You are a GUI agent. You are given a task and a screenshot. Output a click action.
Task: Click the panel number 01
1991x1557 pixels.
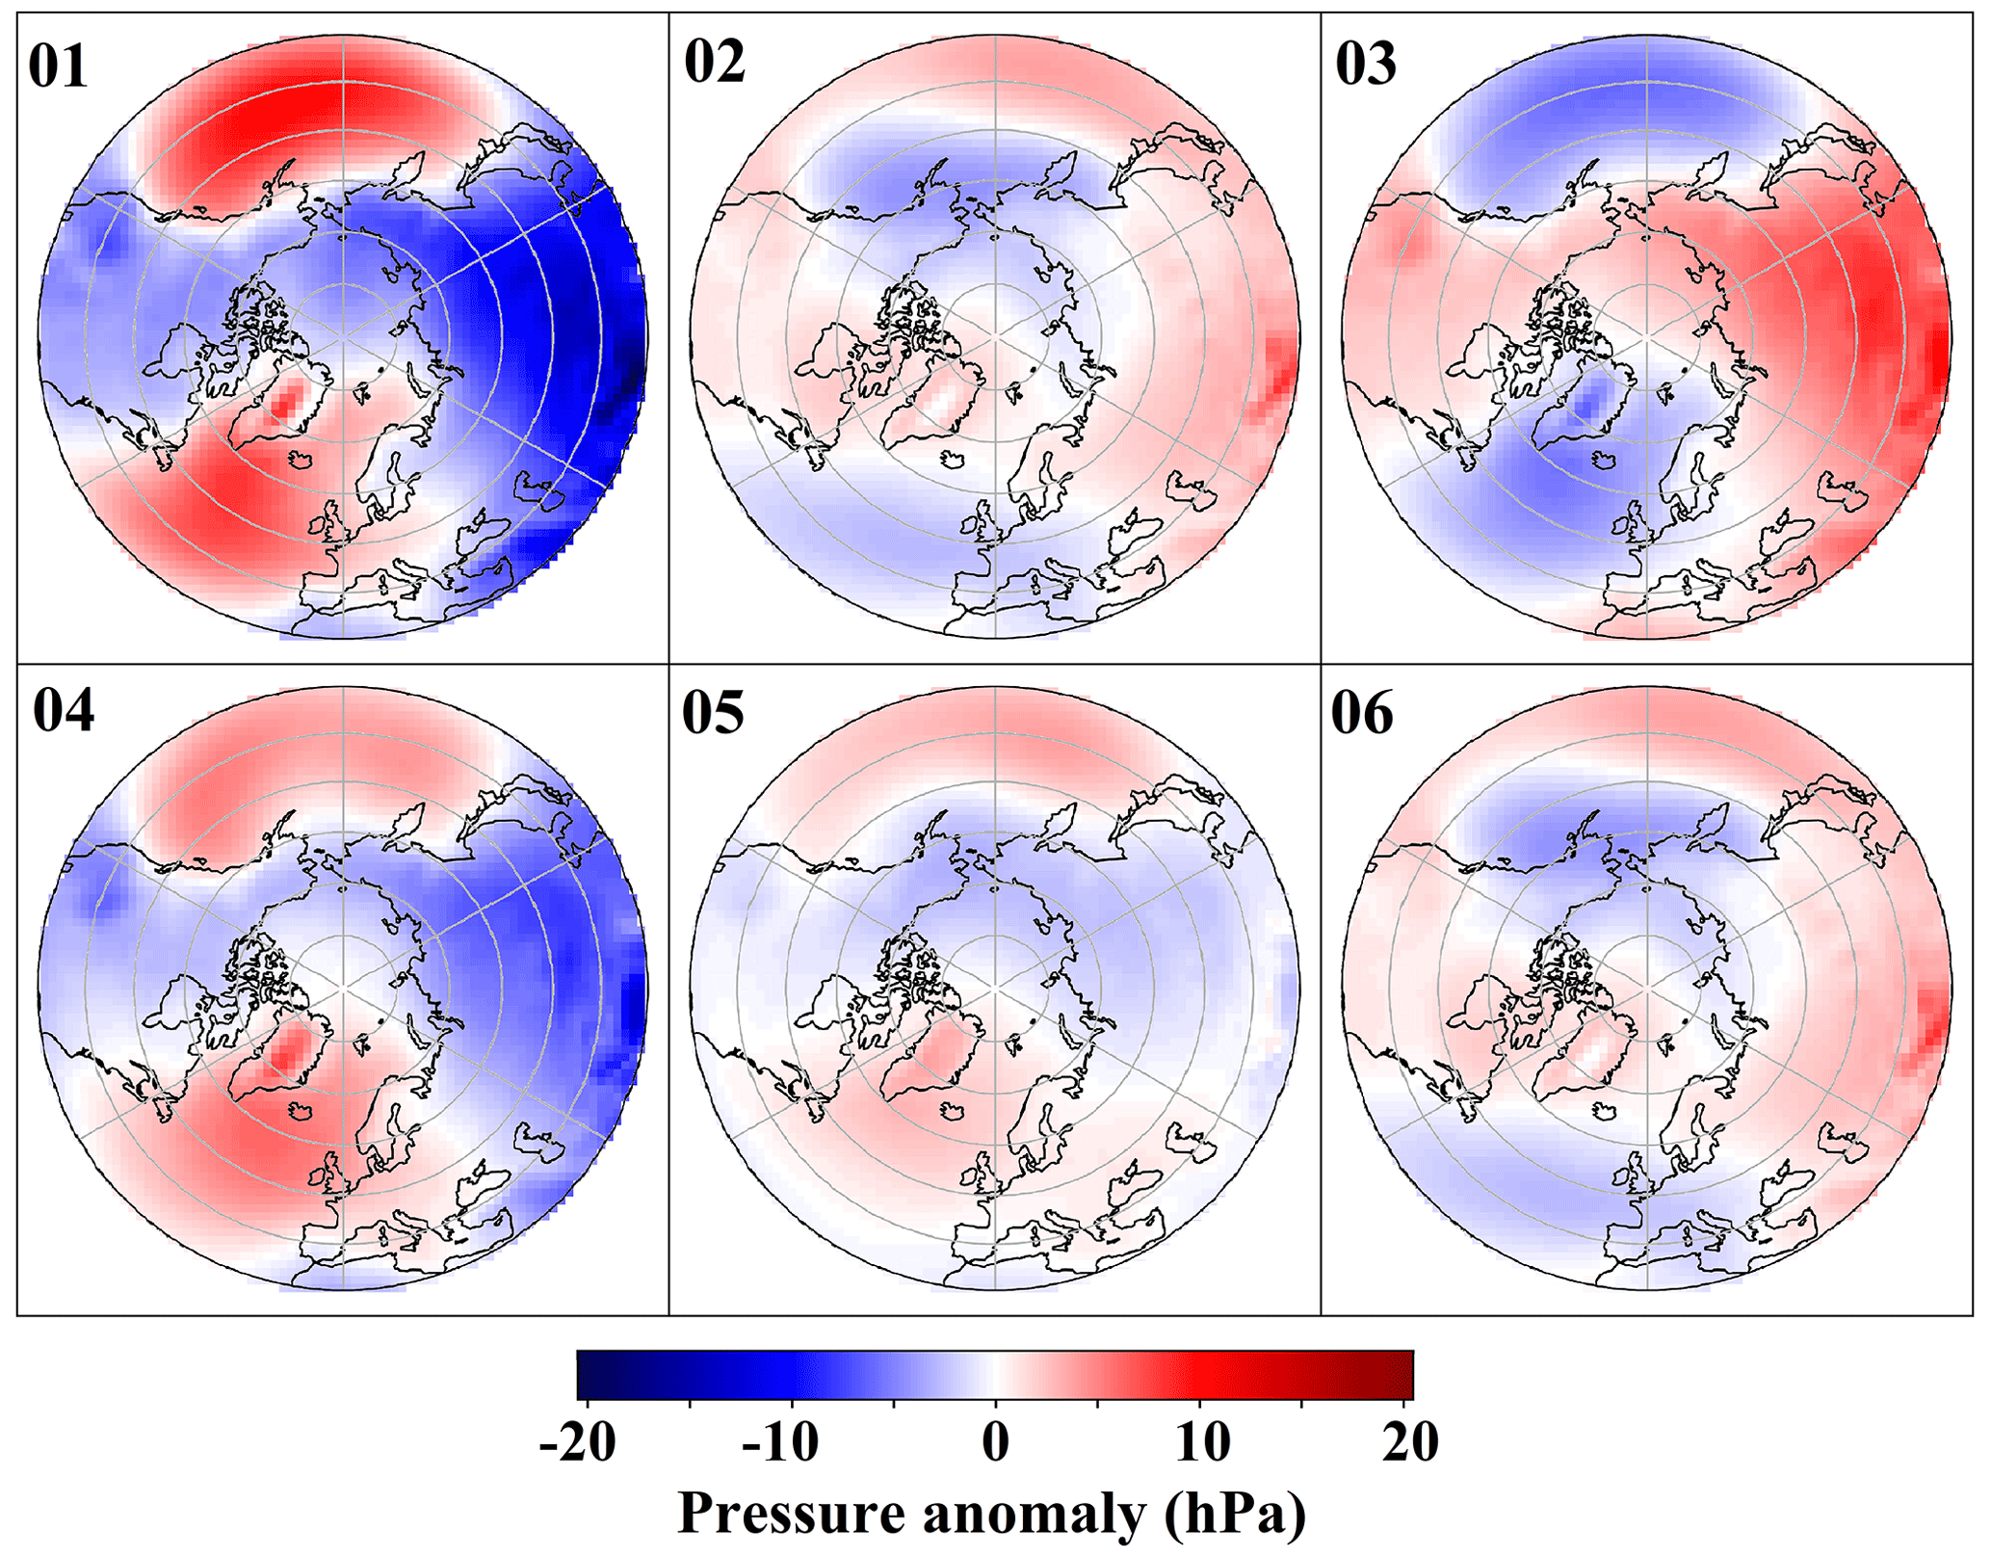tap(58, 67)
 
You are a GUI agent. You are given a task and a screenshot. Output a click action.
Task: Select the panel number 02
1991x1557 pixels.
tap(714, 63)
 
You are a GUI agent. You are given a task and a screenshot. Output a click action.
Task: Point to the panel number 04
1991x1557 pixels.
tap(64, 712)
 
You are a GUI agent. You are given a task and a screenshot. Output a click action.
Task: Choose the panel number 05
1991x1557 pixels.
tap(713, 713)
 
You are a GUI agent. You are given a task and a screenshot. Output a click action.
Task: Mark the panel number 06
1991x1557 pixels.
tap(1362, 713)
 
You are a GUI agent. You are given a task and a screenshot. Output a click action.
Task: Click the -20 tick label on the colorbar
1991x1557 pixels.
tap(577, 1443)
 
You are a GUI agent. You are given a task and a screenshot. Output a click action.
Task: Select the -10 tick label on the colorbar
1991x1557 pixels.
tap(780, 1443)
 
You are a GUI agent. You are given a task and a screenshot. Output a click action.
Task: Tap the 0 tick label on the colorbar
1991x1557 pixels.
tap(996, 1443)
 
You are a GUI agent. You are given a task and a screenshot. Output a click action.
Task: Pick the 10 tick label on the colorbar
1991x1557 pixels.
tap(1204, 1443)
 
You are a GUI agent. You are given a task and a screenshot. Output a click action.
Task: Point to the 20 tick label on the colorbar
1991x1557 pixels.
tap(1410, 1443)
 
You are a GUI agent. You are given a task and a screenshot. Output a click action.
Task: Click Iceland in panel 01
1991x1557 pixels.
tap(301, 460)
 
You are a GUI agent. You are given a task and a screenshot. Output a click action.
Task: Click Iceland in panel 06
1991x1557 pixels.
tap(1605, 1109)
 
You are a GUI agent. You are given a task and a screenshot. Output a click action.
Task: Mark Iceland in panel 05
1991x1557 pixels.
tap(954, 1110)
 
